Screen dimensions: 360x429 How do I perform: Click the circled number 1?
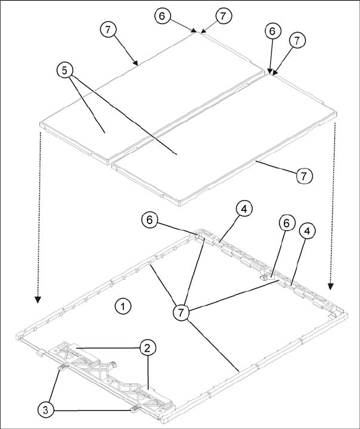point(123,306)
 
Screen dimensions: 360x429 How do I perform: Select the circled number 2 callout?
point(148,348)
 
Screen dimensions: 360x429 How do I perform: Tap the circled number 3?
point(46,410)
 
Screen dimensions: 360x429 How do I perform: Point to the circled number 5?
point(64,71)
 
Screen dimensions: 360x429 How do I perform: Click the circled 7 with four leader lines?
point(181,312)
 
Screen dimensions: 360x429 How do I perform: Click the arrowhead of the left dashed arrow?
point(38,300)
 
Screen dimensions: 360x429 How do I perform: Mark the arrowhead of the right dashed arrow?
point(331,286)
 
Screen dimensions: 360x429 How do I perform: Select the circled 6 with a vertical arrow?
point(272,32)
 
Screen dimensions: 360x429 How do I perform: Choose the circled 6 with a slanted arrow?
point(162,16)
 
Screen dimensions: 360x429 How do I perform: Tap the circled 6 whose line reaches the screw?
point(287,223)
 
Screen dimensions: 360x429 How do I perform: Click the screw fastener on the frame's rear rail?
point(263,278)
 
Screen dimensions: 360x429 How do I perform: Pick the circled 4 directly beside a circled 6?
point(307,232)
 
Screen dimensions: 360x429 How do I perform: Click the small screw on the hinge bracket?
point(113,364)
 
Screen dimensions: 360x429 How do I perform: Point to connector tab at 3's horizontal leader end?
point(134,409)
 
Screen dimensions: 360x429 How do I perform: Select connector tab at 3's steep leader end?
point(63,367)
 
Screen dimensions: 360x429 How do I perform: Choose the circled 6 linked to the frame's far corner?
point(149,220)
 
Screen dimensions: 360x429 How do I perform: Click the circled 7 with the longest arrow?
point(108,30)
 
